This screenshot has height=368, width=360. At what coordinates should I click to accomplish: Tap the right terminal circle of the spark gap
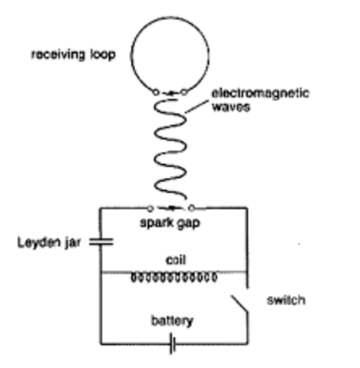pos(192,207)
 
